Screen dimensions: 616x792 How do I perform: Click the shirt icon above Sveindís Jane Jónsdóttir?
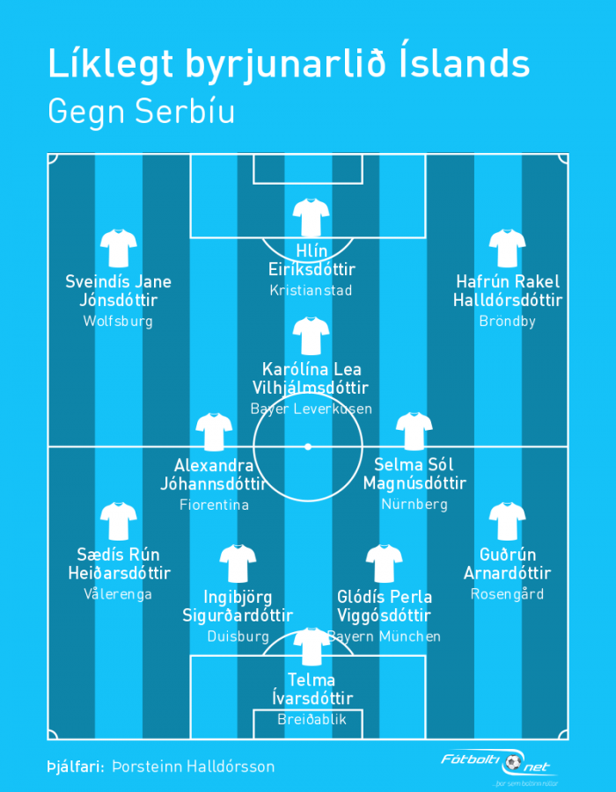point(118,248)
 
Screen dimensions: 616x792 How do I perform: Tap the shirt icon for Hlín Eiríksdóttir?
point(311,218)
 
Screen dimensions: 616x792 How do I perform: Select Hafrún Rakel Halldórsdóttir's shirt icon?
point(507,248)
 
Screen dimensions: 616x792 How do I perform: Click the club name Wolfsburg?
point(118,321)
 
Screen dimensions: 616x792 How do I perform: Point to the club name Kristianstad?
point(311,290)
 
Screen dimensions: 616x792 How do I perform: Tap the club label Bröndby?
point(507,321)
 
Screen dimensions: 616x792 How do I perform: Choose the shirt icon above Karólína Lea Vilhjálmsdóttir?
point(311,336)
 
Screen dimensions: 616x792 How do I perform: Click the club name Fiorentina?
point(214,505)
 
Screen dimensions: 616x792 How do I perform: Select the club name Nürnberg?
point(414,504)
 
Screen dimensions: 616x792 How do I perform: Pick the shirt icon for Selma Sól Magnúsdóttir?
point(414,432)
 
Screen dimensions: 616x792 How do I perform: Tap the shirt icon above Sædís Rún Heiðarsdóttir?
point(118,521)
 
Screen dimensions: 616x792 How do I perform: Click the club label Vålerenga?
point(118,594)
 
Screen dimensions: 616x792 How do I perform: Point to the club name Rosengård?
point(507,594)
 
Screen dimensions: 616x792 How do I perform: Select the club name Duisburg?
point(238,636)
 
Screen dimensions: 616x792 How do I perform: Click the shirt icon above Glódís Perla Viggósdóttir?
point(384,563)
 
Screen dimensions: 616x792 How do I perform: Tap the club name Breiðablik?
point(312,719)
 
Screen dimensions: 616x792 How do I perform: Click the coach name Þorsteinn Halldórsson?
point(194,767)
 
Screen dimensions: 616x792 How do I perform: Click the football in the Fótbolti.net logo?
point(512,762)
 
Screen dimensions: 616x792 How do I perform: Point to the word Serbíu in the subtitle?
point(185,111)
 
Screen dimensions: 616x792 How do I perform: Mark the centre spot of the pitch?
point(307,447)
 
